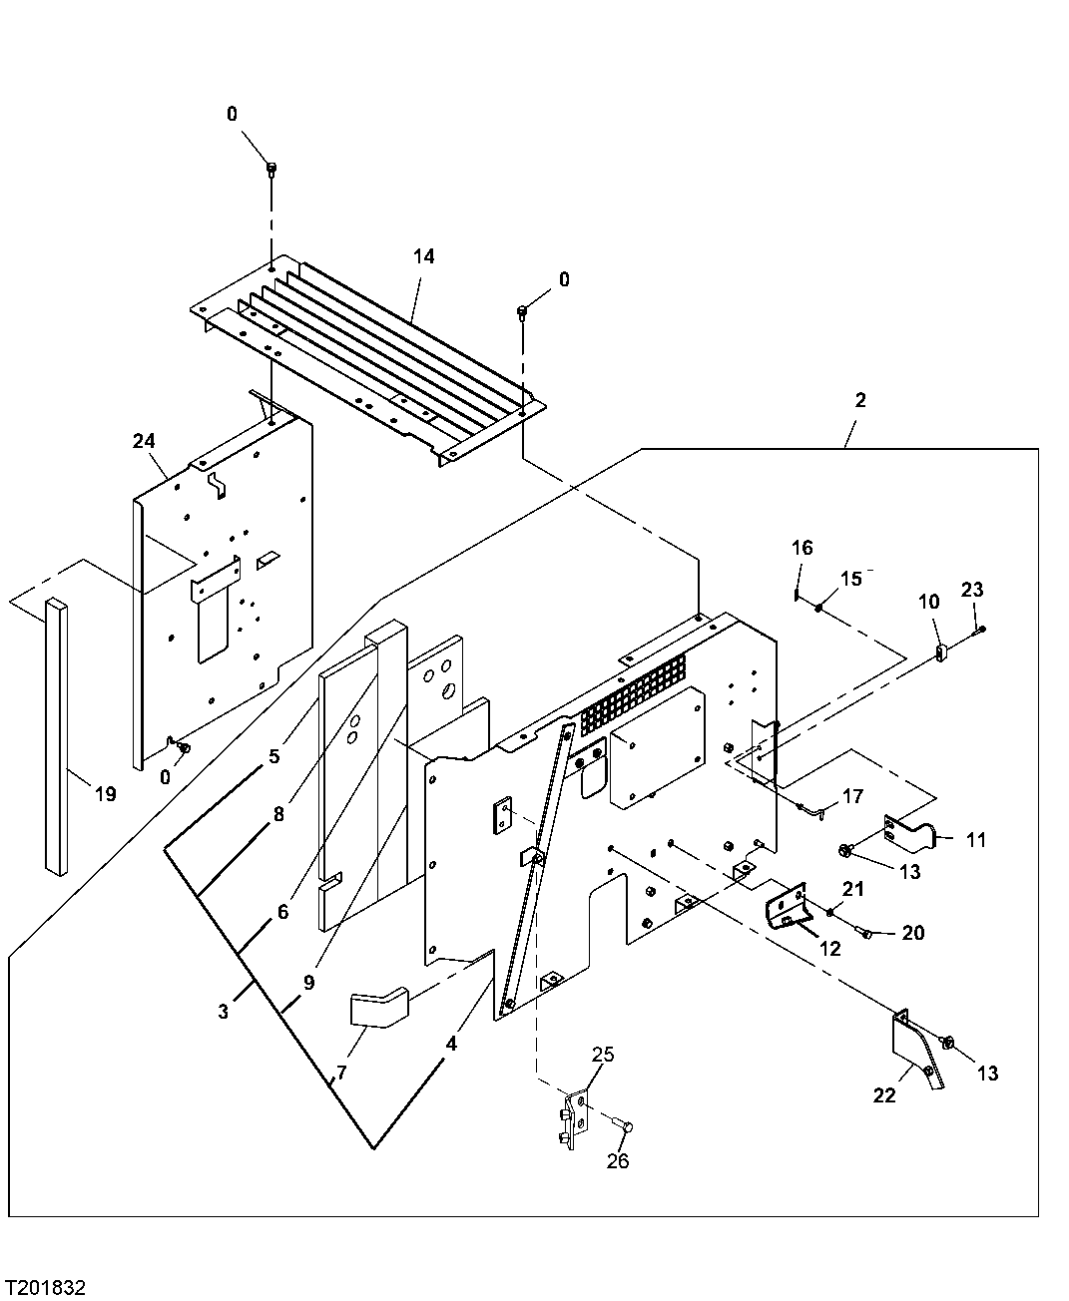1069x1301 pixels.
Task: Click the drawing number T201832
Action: (x=46, y=1287)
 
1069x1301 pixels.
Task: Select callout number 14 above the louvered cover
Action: (x=423, y=256)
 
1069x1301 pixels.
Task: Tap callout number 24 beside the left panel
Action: (x=144, y=440)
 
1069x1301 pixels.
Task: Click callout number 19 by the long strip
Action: (x=106, y=794)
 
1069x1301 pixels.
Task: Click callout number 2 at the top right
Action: (x=860, y=400)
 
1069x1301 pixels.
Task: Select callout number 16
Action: (x=802, y=548)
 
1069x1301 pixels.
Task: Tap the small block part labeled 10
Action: (x=941, y=653)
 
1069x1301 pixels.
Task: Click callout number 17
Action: (x=852, y=797)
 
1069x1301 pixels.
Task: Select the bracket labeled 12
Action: (x=785, y=910)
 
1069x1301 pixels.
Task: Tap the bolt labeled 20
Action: (x=865, y=934)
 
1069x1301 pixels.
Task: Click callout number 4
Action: (x=452, y=1044)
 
